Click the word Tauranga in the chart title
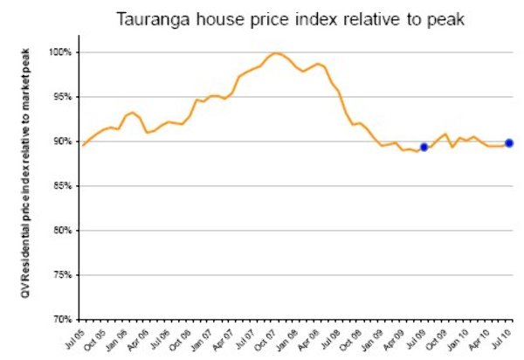coord(164,17)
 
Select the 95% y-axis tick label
coord(63,97)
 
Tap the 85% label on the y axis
coord(63,186)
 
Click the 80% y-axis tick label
coord(63,231)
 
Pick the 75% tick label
coord(63,275)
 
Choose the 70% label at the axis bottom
coord(63,319)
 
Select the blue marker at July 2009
coord(424,148)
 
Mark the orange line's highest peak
coord(276,53)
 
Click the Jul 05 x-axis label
coord(76,338)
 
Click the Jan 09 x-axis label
coord(376,338)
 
